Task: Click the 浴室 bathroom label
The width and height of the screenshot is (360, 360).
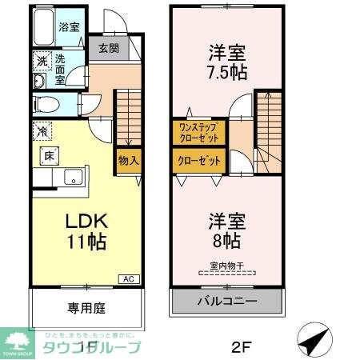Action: (70, 27)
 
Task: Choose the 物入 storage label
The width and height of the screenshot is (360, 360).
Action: (129, 160)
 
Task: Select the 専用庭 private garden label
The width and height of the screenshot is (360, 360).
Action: (86, 308)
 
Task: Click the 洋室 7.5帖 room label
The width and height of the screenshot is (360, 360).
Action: (228, 62)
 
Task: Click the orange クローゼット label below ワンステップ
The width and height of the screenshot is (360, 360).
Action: (199, 161)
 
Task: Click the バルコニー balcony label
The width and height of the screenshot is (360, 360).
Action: (227, 302)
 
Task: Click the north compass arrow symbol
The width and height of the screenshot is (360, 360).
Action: (313, 342)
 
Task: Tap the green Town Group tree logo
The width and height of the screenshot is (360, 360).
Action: (16, 341)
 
